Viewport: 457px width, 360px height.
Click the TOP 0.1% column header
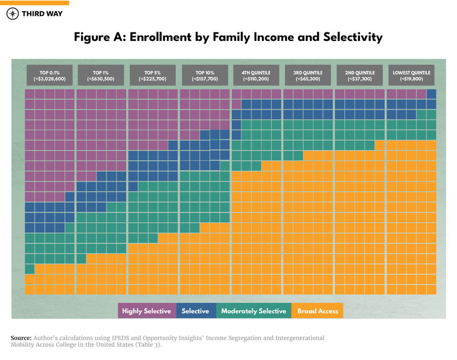[x=50, y=75]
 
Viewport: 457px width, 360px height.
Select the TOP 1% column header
[x=101, y=75]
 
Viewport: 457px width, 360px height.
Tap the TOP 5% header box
[x=153, y=75]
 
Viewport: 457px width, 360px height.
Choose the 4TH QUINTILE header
[x=256, y=75]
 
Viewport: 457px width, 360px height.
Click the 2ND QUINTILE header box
[x=360, y=75]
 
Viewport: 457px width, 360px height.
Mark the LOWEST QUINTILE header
[x=412, y=75]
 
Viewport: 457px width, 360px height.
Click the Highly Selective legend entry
[x=147, y=311]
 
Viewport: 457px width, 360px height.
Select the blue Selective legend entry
[x=195, y=311]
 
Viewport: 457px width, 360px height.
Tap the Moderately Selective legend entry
[x=253, y=311]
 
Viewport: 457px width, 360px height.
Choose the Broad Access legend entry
[x=318, y=311]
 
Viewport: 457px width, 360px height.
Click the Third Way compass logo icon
[x=13, y=14]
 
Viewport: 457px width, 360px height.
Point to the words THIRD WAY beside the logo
[x=42, y=14]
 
